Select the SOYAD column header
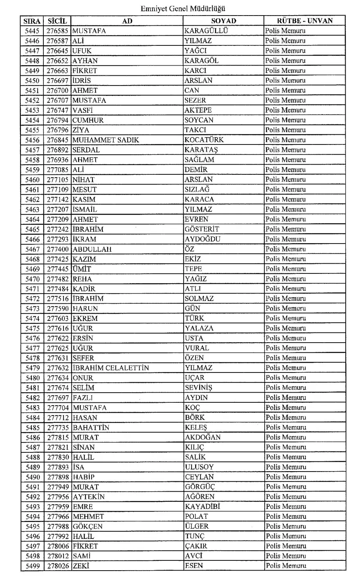(x=223, y=21)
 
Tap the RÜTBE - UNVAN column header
(x=304, y=21)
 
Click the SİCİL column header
(x=57, y=21)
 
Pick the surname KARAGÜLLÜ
(x=206, y=31)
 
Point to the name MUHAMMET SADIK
(x=106, y=140)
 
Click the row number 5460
(x=32, y=180)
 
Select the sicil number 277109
(x=58, y=190)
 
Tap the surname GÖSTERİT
(x=202, y=229)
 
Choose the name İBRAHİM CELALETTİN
(x=110, y=368)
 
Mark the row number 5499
(x=33, y=566)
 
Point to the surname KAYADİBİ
(x=202, y=507)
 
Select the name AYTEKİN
(x=89, y=497)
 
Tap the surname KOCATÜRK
(x=204, y=140)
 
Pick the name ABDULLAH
(x=92, y=249)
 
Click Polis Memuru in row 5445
(x=285, y=31)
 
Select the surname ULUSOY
(x=199, y=467)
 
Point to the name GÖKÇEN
(x=88, y=526)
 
